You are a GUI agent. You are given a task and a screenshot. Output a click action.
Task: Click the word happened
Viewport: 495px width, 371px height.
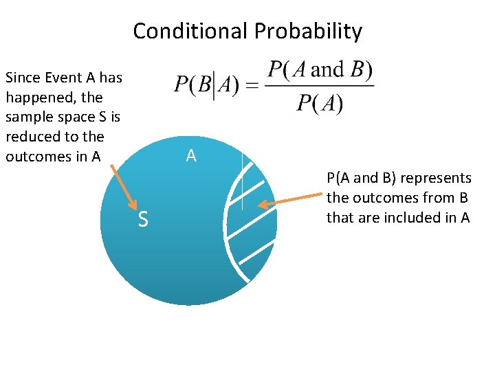click(x=40, y=98)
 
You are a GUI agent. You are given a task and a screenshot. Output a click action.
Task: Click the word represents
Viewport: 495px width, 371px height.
click(x=436, y=178)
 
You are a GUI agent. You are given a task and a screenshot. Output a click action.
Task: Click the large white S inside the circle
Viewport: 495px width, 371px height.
click(x=143, y=220)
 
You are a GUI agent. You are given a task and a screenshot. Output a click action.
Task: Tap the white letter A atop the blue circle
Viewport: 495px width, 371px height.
click(x=191, y=156)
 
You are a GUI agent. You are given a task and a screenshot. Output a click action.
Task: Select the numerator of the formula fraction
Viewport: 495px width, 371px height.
click(x=320, y=70)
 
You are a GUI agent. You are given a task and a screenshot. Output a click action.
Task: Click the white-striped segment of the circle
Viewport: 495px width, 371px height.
click(x=251, y=220)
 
